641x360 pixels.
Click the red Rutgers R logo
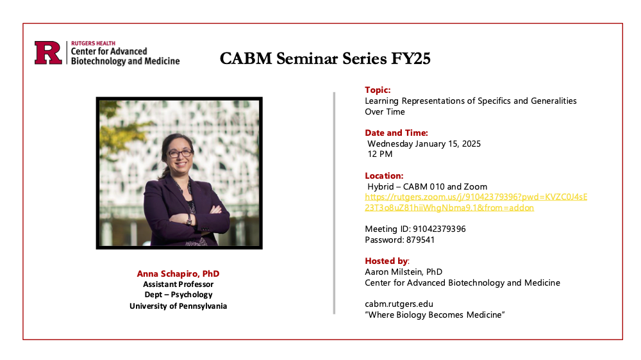(48, 53)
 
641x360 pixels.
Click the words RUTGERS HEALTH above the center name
(93, 44)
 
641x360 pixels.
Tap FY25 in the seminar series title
(411, 58)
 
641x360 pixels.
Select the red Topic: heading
(378, 90)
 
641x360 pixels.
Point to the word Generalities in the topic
(554, 101)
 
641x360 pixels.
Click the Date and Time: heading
(396, 133)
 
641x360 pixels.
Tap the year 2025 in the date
(471, 144)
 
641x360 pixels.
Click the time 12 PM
(379, 154)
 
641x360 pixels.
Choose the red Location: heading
(384, 176)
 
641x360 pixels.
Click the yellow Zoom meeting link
(476, 202)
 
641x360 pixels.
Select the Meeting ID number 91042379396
(439, 229)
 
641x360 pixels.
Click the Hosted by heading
(387, 261)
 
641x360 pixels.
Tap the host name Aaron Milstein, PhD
(403, 272)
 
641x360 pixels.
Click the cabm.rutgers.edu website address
(399, 304)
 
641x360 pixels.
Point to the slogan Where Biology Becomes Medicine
(435, 315)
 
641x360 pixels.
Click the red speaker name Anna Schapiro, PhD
(178, 274)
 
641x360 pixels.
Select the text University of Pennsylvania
(178, 306)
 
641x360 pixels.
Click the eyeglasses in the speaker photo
(180, 154)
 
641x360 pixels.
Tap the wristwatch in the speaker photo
(189, 220)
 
